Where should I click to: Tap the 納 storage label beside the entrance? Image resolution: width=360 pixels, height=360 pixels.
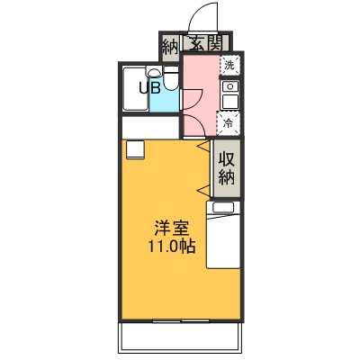point(170,47)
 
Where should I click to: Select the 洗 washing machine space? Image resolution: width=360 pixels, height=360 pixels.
point(229,65)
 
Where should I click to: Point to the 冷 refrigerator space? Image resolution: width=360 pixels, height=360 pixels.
point(229,123)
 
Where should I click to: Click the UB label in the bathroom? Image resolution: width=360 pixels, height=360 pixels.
point(149,88)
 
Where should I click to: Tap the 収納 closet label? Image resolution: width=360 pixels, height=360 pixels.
point(227,168)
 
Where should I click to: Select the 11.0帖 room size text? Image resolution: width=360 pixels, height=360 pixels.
point(171,247)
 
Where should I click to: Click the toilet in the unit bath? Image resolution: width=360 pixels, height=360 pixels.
point(171,78)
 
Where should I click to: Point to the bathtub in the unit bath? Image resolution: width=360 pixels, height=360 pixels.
point(135,89)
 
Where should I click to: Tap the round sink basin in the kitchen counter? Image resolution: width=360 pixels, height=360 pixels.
point(230,86)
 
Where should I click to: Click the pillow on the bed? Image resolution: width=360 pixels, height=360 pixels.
point(223,208)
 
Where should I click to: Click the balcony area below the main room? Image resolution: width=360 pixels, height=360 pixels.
point(181,336)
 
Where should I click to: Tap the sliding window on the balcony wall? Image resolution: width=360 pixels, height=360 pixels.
point(181,320)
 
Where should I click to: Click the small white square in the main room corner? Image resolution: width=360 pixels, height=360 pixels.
point(136,149)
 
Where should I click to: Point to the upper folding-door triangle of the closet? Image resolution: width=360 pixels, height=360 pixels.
point(203,146)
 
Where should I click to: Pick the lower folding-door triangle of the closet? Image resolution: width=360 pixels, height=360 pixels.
point(203,190)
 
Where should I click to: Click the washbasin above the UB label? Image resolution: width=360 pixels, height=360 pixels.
point(154,72)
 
